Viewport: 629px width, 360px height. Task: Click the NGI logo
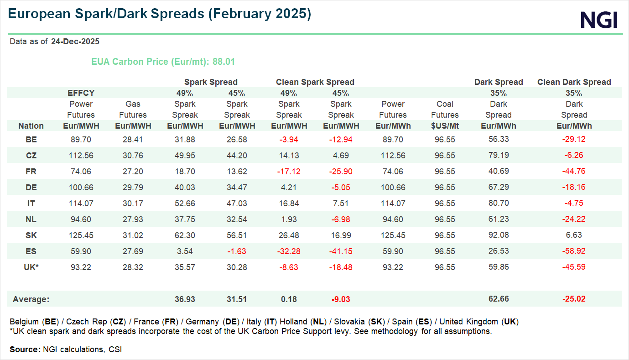[x=599, y=20]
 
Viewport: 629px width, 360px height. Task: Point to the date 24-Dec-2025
[x=75, y=42]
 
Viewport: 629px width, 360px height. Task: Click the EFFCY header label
[x=81, y=93]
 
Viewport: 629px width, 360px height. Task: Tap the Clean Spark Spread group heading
[x=315, y=82]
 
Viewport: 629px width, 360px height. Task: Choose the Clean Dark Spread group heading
[x=574, y=82]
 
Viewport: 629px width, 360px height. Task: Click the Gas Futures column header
[x=133, y=110]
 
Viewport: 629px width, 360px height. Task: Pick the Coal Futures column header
[x=445, y=110]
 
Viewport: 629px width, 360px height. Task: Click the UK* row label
[x=31, y=267]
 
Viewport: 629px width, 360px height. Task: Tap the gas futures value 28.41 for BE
[x=133, y=139]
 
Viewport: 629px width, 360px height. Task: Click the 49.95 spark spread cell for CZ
[x=185, y=155]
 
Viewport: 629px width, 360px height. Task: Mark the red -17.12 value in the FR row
[x=289, y=171]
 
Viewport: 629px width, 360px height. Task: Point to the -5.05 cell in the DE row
[x=341, y=187]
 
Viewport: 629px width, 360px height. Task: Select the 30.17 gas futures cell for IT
[x=133, y=203]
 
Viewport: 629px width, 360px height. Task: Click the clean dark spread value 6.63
[x=574, y=235]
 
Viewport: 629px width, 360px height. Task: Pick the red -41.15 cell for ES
[x=341, y=251]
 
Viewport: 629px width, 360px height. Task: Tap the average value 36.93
[x=185, y=299]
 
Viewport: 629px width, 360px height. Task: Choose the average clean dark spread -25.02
[x=574, y=299]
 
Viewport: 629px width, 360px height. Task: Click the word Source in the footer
[x=25, y=350]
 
